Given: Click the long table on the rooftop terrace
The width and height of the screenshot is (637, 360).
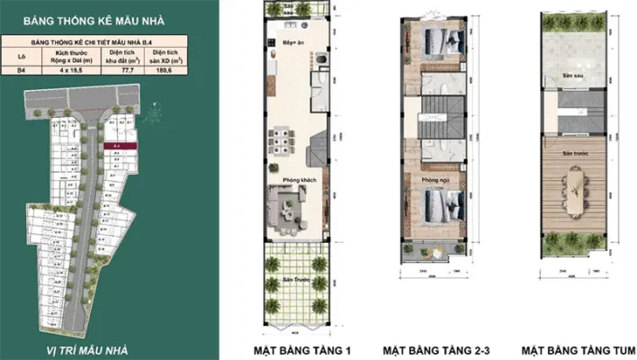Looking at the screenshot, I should tap(574, 188).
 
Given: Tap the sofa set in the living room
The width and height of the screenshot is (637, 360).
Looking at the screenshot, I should tap(294, 209).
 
